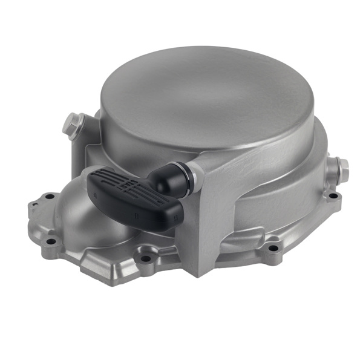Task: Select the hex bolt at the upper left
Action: (72, 124)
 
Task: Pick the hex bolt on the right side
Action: (341, 169)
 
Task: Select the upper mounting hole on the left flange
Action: (48, 197)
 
